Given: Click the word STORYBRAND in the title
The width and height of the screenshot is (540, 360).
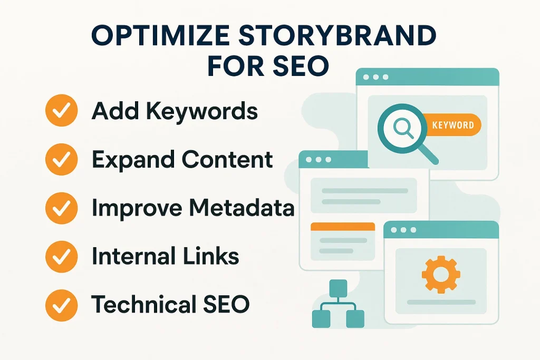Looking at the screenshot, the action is coord(337,35).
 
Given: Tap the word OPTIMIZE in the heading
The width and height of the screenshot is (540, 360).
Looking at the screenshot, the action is coord(160,35).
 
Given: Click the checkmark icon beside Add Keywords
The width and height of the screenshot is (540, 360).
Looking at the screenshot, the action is coord(61,110).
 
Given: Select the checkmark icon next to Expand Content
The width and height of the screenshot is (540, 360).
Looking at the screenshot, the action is coord(61,159).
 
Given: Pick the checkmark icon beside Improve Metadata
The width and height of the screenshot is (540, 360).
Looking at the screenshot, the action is coord(61,208).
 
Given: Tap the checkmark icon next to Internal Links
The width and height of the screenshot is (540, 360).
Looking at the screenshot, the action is coord(61,257).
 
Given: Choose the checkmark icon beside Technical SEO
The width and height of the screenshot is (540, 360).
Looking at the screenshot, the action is coord(61,305).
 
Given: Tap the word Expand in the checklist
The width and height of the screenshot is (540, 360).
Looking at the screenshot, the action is coord(133,160).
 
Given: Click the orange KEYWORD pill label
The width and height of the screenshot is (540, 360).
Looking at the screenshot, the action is coord(451,124).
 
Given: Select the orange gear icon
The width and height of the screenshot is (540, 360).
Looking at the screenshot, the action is coord(441,274).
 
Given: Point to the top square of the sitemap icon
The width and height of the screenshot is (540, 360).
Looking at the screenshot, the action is coord(338,288).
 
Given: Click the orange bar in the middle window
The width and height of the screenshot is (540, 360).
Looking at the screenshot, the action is coord(343,227).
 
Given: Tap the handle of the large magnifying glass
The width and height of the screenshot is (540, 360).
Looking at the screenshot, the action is coord(428,153).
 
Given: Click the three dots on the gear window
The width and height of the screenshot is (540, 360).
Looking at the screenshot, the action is coord(403,230).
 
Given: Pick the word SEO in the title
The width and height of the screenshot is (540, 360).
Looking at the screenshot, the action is coord(300,65).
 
